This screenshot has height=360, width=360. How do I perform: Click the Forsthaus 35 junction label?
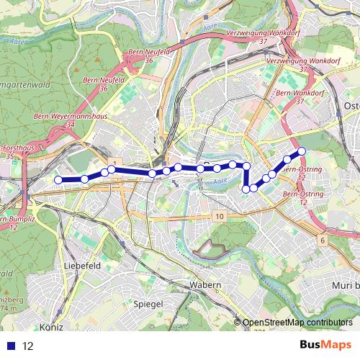click(16, 151)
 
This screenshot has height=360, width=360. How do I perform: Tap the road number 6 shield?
click(323, 239)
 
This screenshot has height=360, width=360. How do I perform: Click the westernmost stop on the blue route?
click(58, 180)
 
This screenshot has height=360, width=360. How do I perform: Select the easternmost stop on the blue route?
click(302, 151)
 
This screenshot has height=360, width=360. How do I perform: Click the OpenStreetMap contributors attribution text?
click(297, 323)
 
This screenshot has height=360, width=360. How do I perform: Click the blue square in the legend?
click(12, 346)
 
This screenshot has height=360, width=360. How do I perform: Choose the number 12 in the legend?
click(29, 346)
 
